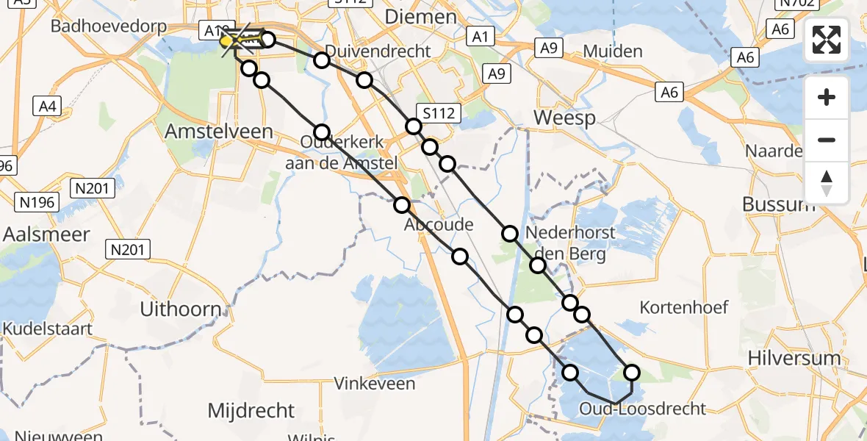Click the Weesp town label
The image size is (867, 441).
pyautogui.click(x=564, y=118)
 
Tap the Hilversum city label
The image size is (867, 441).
pyautogui.click(x=793, y=359)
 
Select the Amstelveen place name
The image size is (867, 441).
pyautogui.click(x=219, y=132)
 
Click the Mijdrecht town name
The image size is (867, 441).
pyautogui.click(x=251, y=410)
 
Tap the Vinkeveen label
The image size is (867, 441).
pyautogui.click(x=375, y=383)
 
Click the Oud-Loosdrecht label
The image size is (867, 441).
pyautogui.click(x=642, y=409)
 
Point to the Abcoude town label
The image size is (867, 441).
pyautogui.click(x=439, y=225)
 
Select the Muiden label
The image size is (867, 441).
pyautogui.click(x=612, y=51)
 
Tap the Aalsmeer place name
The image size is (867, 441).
pyautogui.click(x=46, y=234)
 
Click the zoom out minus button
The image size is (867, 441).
pyautogui.click(x=827, y=140)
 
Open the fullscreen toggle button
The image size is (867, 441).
pyautogui.click(x=827, y=40)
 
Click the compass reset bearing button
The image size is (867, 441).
pyautogui.click(x=827, y=182)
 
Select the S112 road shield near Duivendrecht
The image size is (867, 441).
pyautogui.click(x=438, y=112)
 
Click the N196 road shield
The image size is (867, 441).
pyautogui.click(x=35, y=201)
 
